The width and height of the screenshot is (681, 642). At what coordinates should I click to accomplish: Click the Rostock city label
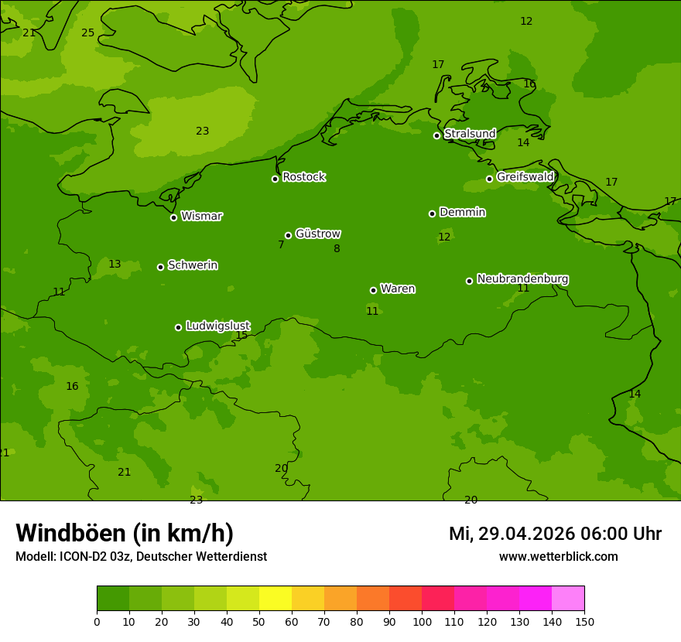pyautogui.click(x=303, y=177)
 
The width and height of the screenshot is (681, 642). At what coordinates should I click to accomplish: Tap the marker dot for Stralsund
pyautogui.click(x=436, y=135)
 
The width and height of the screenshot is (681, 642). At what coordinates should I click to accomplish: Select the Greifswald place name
pyautogui.click(x=525, y=177)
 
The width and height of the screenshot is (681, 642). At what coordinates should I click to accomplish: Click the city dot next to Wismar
pyautogui.click(x=173, y=217)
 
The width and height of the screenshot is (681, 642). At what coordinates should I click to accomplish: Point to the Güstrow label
pyautogui.click(x=318, y=234)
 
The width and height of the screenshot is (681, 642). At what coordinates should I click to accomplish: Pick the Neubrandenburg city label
pyautogui.click(x=522, y=278)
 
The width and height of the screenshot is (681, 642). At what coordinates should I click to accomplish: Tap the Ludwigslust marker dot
pyautogui.click(x=178, y=327)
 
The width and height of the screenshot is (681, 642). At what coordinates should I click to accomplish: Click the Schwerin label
pyautogui.click(x=193, y=265)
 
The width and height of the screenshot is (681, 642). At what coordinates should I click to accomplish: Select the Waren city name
pyautogui.click(x=398, y=289)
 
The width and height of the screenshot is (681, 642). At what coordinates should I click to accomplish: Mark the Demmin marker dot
pyautogui.click(x=432, y=213)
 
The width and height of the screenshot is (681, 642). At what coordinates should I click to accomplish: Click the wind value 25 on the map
pyautogui.click(x=88, y=32)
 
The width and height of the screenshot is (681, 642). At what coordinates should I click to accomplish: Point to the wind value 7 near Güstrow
pyautogui.click(x=281, y=244)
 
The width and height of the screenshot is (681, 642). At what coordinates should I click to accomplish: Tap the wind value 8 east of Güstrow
pyautogui.click(x=337, y=248)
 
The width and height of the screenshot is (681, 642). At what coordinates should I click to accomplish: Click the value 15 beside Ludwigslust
pyautogui.click(x=241, y=335)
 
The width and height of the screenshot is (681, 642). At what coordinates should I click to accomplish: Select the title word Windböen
pyautogui.click(x=70, y=533)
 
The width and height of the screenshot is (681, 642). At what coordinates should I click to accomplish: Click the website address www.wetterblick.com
pyautogui.click(x=558, y=556)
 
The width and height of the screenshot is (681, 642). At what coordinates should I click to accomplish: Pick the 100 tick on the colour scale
pyautogui.click(x=423, y=621)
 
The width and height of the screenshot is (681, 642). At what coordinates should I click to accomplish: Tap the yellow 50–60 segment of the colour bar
pyautogui.click(x=275, y=599)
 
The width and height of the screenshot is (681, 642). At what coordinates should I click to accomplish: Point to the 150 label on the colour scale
pyautogui.click(x=584, y=621)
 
